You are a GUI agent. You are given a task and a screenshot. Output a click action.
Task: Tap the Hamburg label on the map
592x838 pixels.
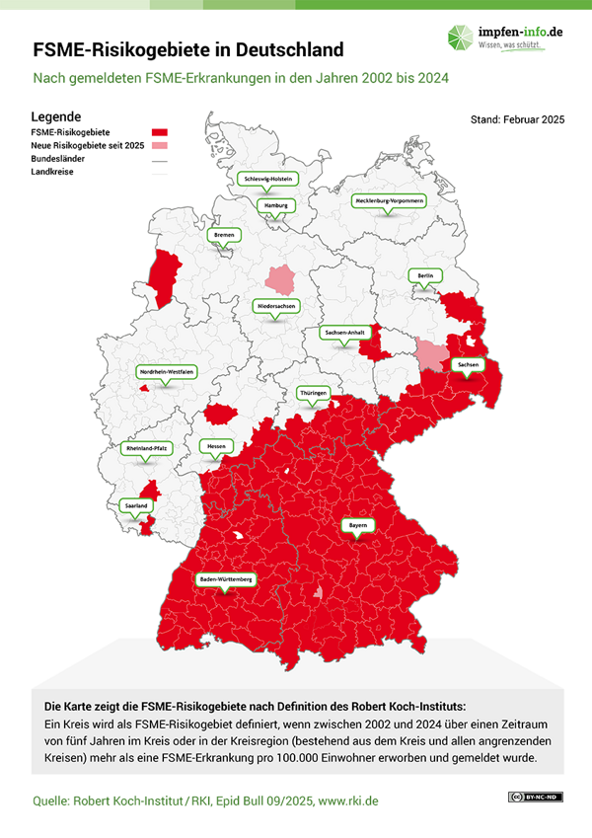click(x=275, y=205)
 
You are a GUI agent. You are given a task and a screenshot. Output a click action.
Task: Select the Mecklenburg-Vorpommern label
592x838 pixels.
click(x=389, y=200)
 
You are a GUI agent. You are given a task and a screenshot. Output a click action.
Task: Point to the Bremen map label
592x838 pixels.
click(x=224, y=236)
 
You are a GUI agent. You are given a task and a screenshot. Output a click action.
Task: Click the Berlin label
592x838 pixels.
click(x=425, y=275)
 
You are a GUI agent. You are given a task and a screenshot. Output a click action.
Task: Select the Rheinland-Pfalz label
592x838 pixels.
click(x=147, y=448)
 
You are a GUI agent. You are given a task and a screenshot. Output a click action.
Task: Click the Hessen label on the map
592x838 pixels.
click(x=216, y=446)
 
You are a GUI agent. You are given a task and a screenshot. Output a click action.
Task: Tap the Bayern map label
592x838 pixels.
click(x=357, y=526)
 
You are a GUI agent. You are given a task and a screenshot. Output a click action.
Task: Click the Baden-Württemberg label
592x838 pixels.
click(x=226, y=578)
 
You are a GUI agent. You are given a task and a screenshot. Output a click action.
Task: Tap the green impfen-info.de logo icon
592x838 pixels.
click(x=461, y=38)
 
